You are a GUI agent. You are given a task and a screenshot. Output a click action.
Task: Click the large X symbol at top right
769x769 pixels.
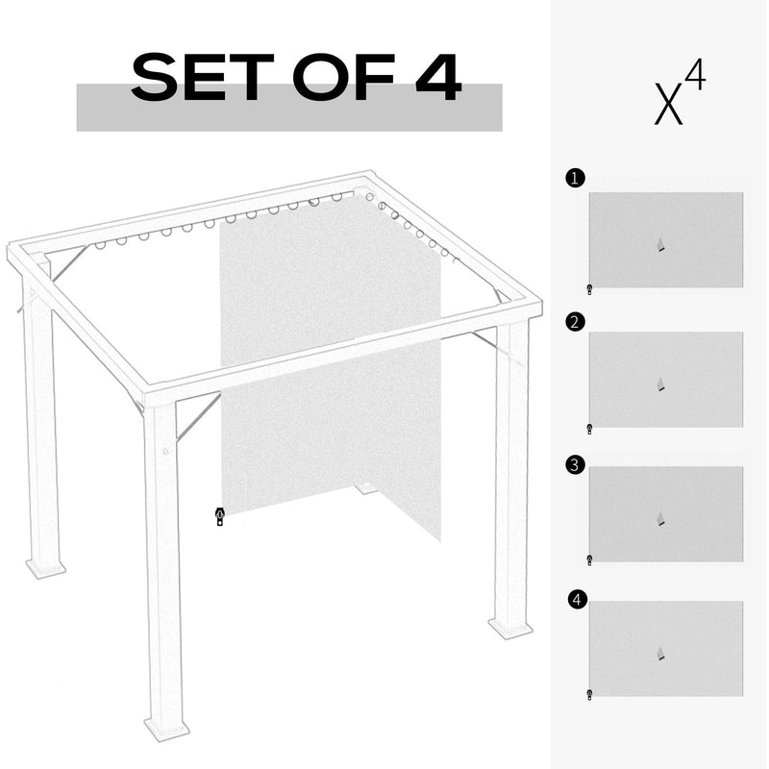[669, 105]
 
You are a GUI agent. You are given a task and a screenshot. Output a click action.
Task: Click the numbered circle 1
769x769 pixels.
[575, 178]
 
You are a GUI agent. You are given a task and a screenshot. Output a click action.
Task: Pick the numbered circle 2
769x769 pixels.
[575, 322]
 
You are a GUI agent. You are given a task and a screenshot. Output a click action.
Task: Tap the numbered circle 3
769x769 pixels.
[575, 465]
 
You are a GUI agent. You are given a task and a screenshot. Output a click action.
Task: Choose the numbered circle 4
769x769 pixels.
[576, 600]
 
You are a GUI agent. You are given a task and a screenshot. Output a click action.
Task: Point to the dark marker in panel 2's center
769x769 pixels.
[659, 384]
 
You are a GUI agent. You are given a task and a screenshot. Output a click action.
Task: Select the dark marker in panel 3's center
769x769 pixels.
[659, 520]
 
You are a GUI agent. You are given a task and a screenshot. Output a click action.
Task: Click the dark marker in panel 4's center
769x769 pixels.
[659, 655]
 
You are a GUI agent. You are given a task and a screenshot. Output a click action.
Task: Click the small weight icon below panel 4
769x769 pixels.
[588, 693]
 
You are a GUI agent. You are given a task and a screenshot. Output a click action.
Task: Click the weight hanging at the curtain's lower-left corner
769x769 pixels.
[220, 517]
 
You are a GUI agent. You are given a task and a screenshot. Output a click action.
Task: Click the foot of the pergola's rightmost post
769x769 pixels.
[509, 627]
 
